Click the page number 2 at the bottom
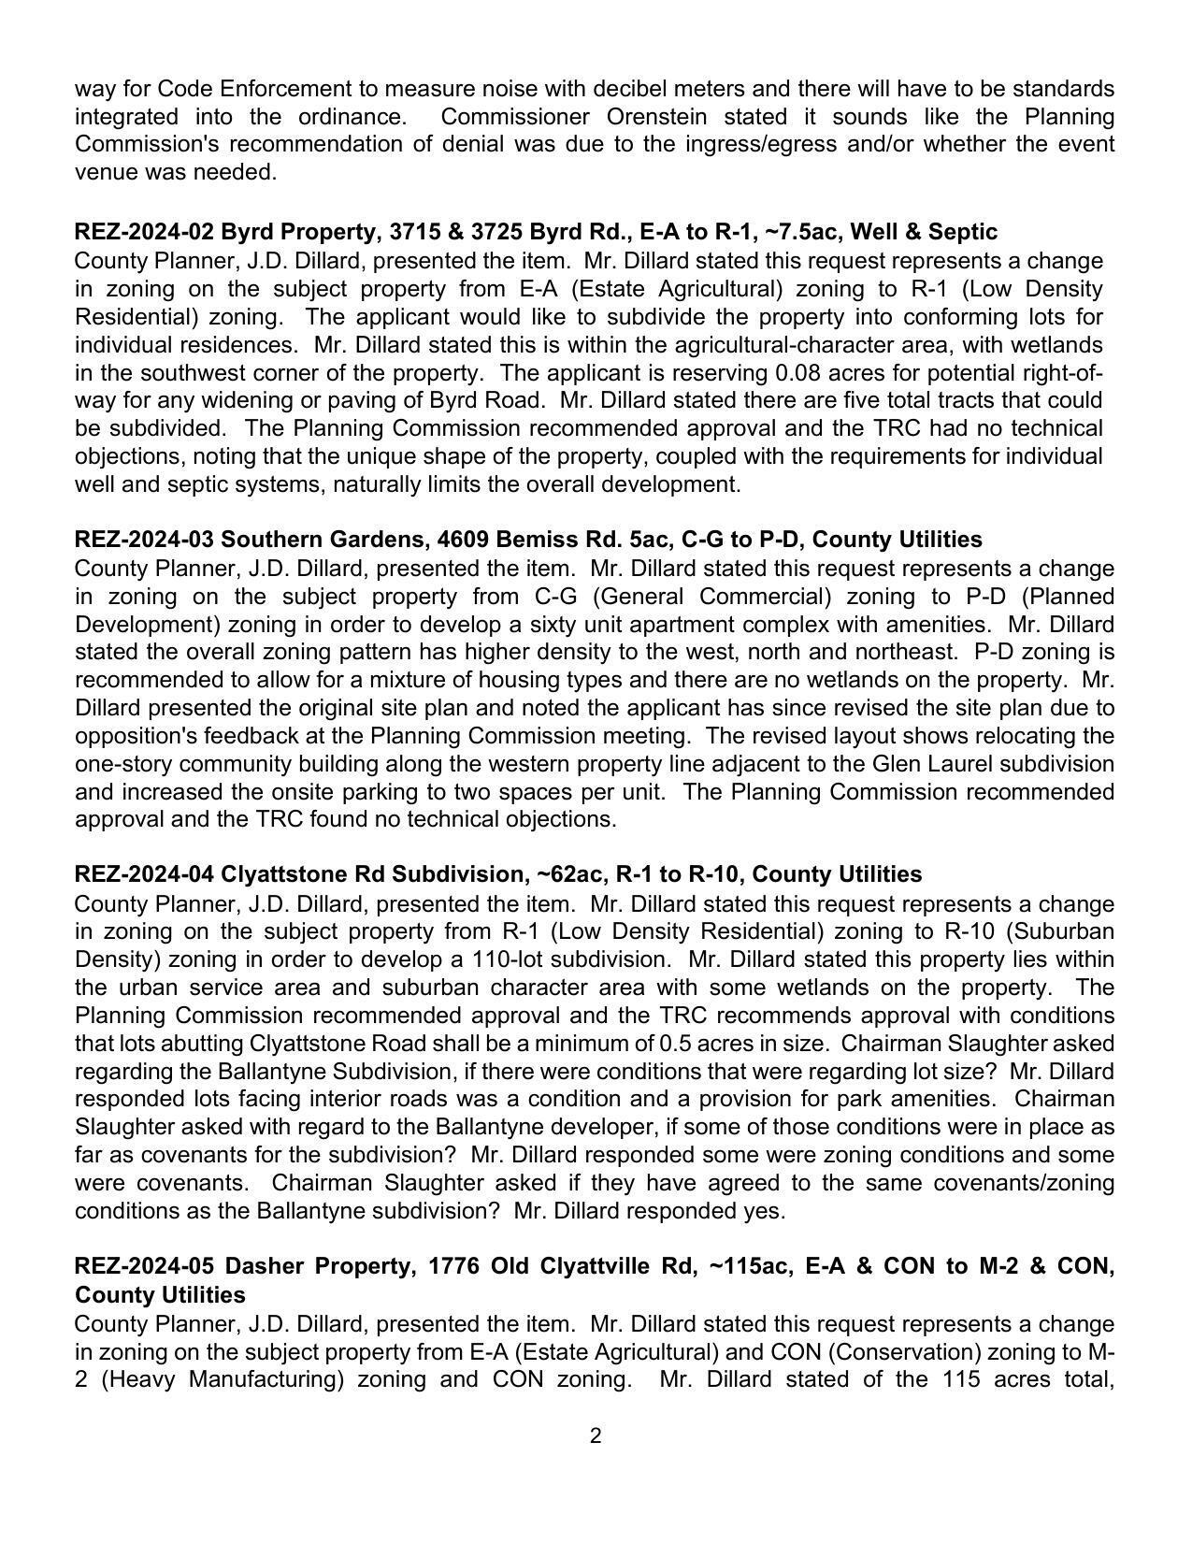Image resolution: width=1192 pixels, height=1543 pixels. tap(596, 1436)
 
